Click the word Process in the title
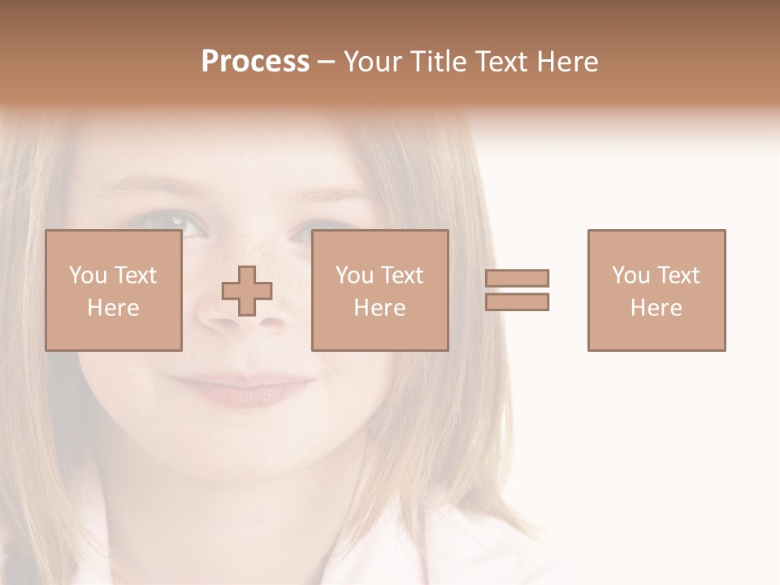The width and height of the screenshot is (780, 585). coord(255,62)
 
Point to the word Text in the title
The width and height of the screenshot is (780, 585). coord(507,62)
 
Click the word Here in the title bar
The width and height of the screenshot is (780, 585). coord(572,62)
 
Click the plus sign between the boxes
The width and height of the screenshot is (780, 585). coord(247,291)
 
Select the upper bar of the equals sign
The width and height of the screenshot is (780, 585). coord(518,279)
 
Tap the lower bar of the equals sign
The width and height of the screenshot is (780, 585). coord(518,301)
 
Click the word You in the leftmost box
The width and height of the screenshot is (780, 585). coord(87,275)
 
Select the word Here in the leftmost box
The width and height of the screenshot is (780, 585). coord(114,308)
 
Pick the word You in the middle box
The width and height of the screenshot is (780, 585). coord(353,275)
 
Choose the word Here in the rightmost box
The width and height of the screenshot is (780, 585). coord(656,308)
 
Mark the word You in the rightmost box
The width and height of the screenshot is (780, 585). coord(630,275)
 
